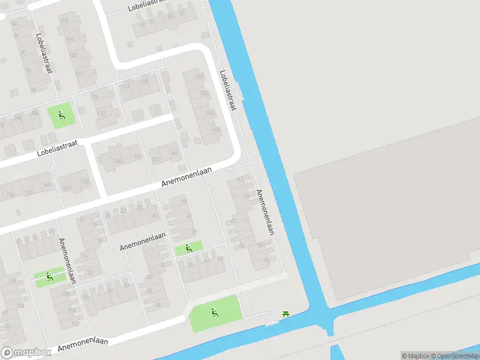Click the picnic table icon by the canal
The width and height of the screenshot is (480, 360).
[x=286, y=314]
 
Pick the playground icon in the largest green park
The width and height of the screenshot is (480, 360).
[x=214, y=312]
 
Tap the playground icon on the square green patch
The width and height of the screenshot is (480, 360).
[x=62, y=114]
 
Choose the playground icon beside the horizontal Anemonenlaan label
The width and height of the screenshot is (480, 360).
[x=188, y=248]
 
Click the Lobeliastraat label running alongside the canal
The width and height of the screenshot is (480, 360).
[x=228, y=90]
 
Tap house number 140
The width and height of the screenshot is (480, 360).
[x=211, y=112]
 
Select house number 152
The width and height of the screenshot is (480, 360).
[x=155, y=160]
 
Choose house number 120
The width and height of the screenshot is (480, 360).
[x=101, y=113]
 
